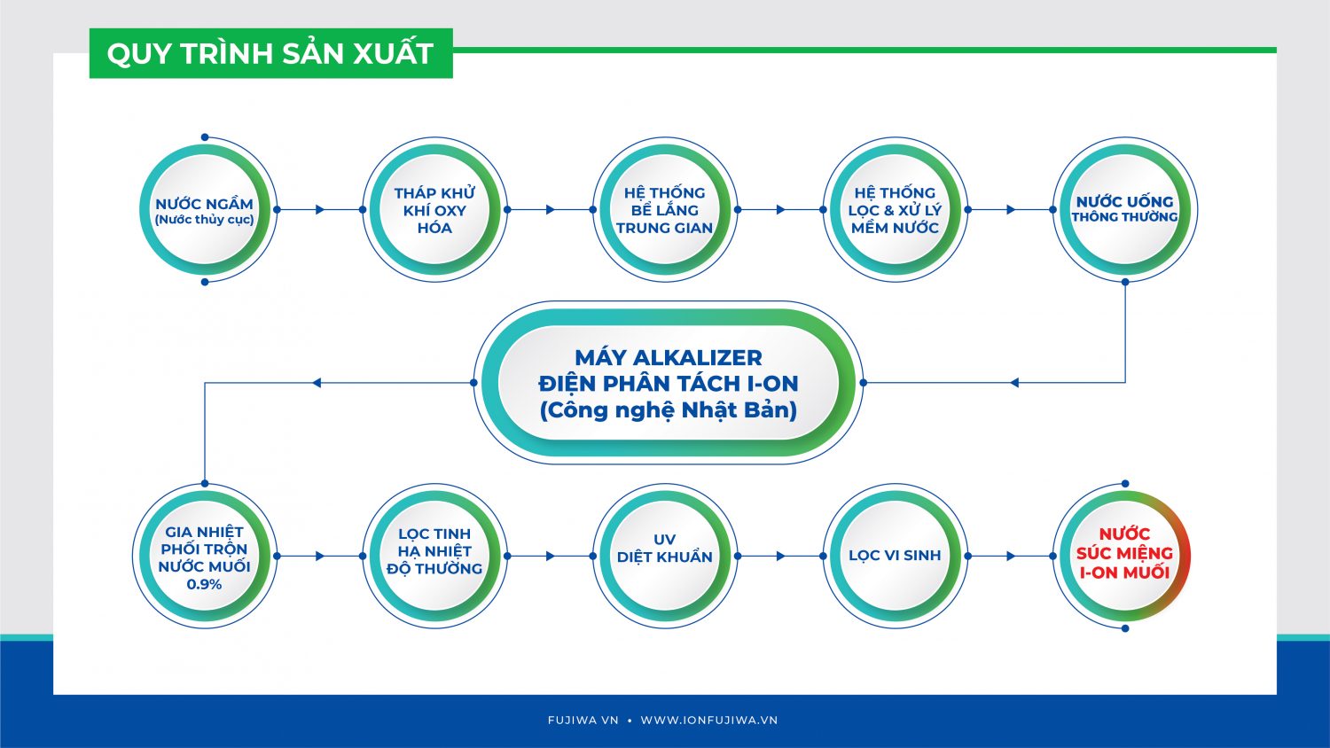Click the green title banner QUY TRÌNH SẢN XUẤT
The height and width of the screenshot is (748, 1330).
tap(270, 53)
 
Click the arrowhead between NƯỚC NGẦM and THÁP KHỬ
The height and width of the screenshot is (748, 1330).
tap(320, 209)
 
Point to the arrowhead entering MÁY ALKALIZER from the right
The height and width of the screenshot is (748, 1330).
tap(1014, 383)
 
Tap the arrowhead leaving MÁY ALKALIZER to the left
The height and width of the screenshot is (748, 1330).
tap(317, 383)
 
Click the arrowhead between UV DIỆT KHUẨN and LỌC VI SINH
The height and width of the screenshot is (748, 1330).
tap(781, 557)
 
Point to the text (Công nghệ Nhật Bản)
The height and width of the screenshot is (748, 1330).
tap(668, 410)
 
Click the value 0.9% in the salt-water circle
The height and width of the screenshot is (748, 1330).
tap(204, 584)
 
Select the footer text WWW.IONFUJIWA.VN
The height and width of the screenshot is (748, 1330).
tap(709, 721)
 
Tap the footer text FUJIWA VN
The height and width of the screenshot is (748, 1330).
tap(583, 721)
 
